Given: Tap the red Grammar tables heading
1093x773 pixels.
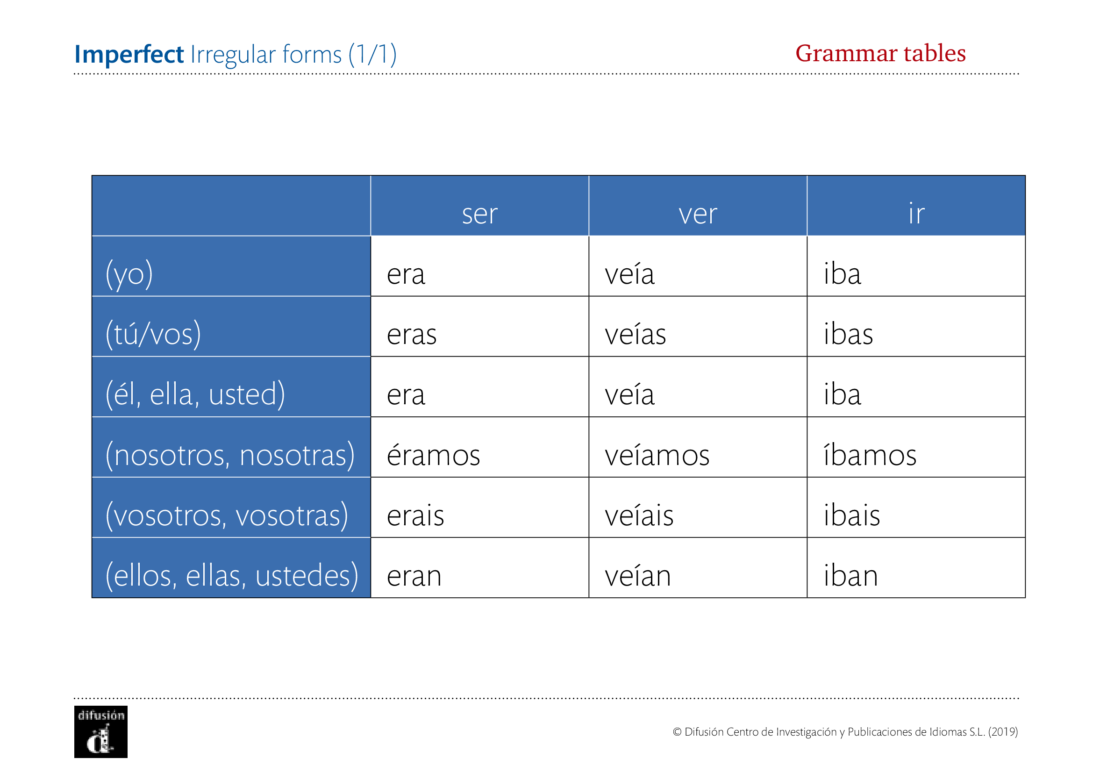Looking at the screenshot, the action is [880, 53].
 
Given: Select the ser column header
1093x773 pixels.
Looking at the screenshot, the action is [479, 214].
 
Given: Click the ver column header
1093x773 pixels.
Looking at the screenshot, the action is [697, 214].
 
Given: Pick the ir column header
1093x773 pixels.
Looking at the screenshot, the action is [916, 213].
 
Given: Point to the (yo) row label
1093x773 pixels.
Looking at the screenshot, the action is [129, 274].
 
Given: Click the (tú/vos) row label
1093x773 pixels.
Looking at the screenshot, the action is [153, 334].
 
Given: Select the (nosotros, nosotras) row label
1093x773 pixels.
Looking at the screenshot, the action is [230, 455].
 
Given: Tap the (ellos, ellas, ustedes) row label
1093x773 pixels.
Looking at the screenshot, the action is [231, 575].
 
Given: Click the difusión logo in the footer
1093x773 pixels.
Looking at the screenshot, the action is [101, 732].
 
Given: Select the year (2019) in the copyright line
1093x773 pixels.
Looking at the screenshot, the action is [1003, 732].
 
